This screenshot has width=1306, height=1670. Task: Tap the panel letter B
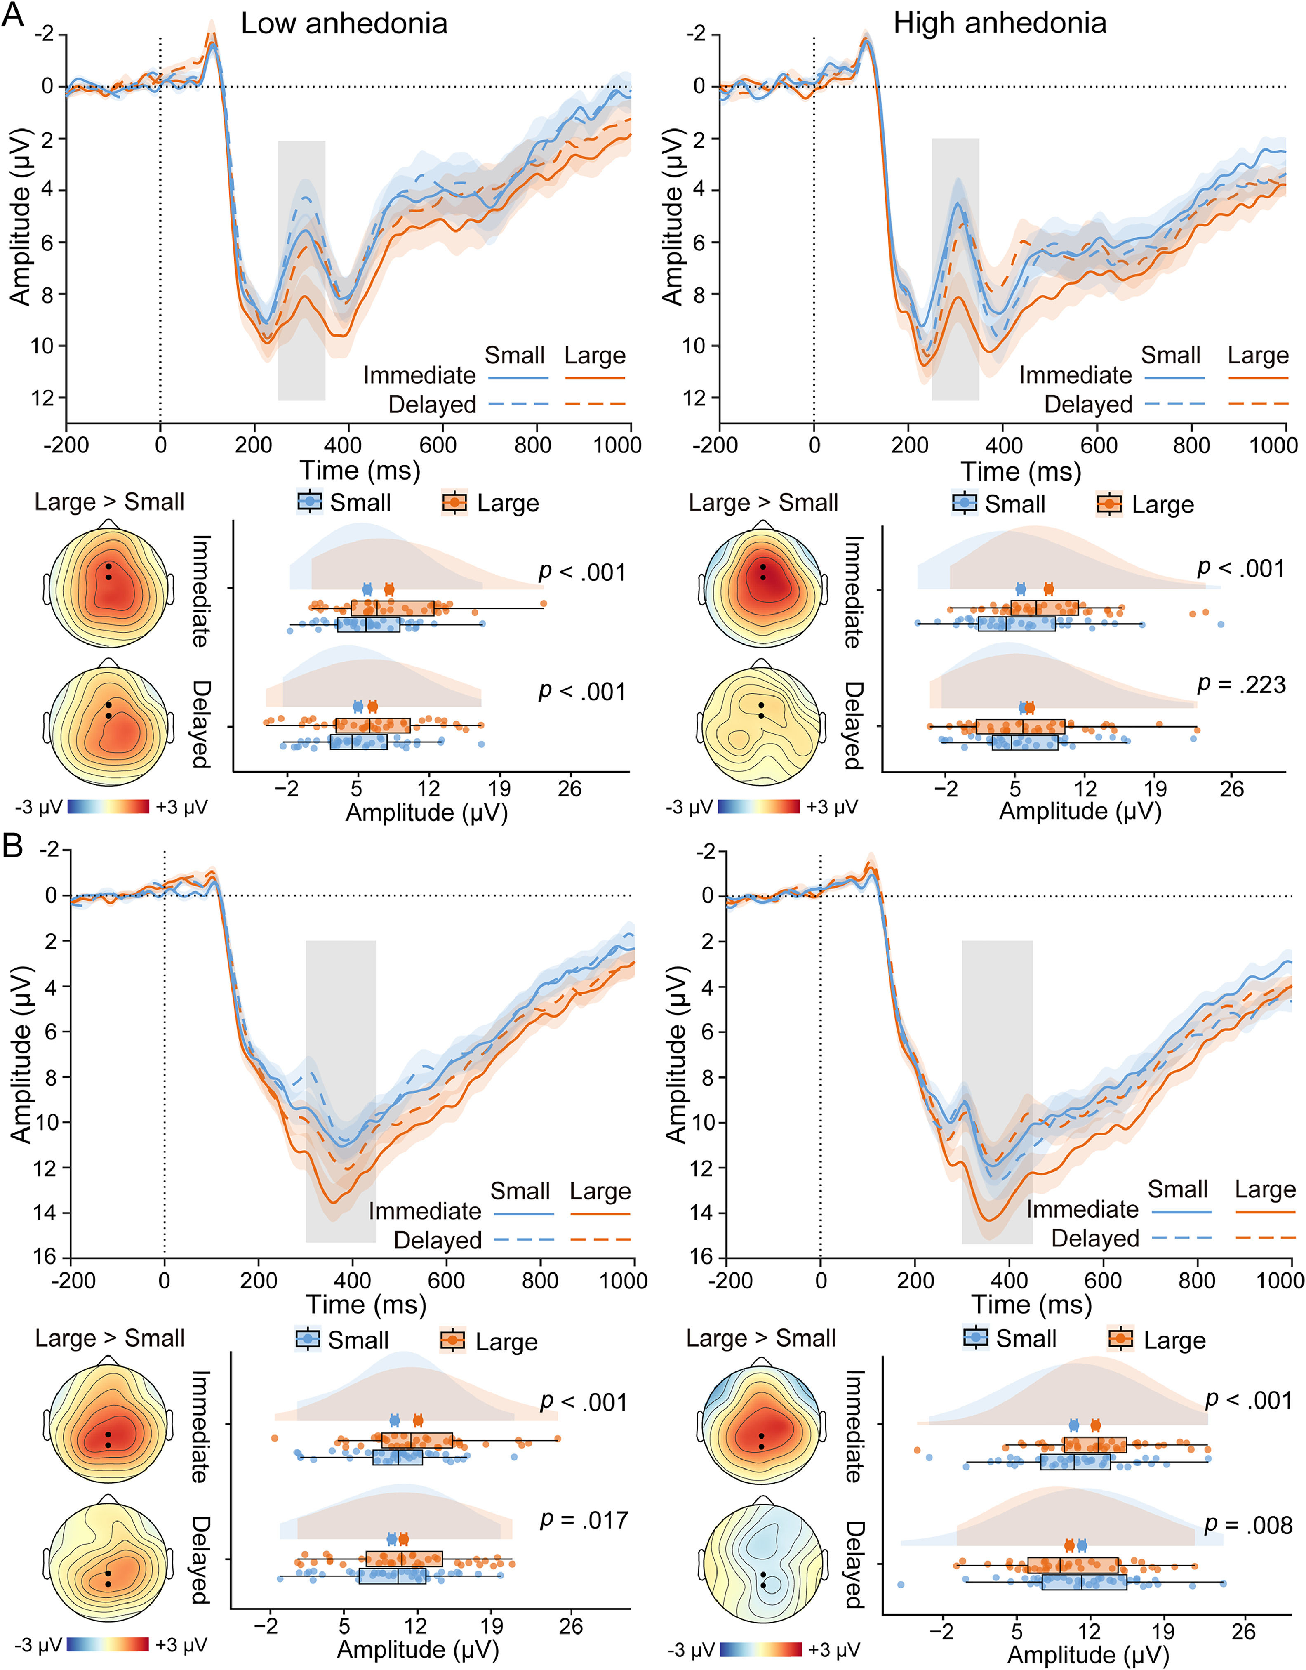pyautogui.click(x=13, y=846)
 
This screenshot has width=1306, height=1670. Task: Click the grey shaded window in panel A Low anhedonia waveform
pyautogui.click(x=301, y=270)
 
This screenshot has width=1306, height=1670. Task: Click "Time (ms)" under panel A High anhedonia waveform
pyautogui.click(x=1021, y=471)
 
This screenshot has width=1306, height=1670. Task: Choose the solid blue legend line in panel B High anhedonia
pyautogui.click(x=1181, y=1211)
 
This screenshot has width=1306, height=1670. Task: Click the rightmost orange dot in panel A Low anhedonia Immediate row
pyautogui.click(x=544, y=604)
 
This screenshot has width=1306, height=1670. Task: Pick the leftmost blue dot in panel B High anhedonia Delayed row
pyautogui.click(x=901, y=1584)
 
